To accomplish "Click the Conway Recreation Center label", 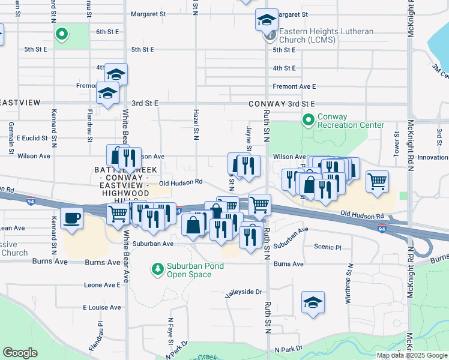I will tap(351, 121).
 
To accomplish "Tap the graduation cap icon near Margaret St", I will tap(267, 20).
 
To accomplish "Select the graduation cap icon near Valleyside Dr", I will tap(313, 302).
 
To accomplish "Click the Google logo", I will tap(20, 353).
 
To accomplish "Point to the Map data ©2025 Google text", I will tap(412, 355).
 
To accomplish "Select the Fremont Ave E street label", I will tap(294, 86).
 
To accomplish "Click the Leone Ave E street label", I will tap(103, 285).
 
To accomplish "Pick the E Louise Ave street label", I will tap(102, 307).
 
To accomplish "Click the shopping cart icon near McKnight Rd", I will tap(377, 181).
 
